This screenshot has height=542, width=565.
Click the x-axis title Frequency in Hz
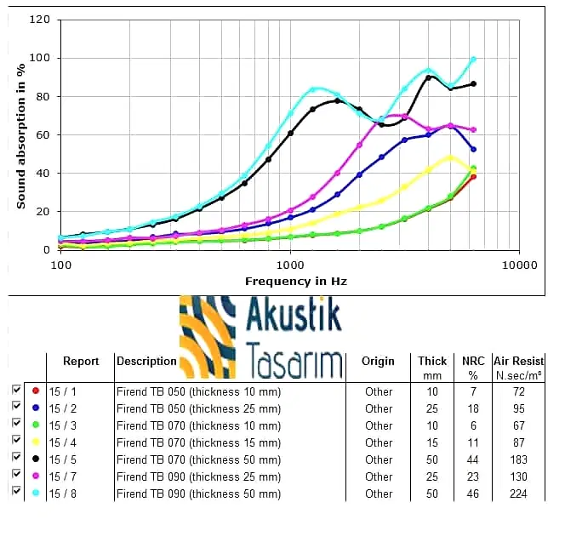click(x=295, y=281)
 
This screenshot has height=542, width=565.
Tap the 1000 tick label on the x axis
click(x=290, y=265)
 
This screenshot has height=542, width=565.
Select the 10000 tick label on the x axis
click(x=518, y=265)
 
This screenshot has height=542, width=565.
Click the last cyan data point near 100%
click(x=473, y=60)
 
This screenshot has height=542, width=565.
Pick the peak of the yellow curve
click(x=451, y=157)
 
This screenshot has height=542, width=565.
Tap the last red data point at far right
click(x=473, y=176)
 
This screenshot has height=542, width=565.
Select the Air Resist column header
click(x=518, y=362)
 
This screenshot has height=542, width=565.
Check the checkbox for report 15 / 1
click(x=16, y=391)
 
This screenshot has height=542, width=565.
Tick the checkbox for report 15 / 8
click(x=16, y=493)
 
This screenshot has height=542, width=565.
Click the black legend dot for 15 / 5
click(x=35, y=459)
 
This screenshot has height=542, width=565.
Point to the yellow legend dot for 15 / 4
click(x=35, y=442)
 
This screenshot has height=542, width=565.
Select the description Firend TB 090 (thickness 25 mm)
click(x=198, y=476)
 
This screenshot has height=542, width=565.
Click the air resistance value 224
click(x=519, y=494)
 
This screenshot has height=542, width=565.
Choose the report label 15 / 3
click(x=62, y=425)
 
